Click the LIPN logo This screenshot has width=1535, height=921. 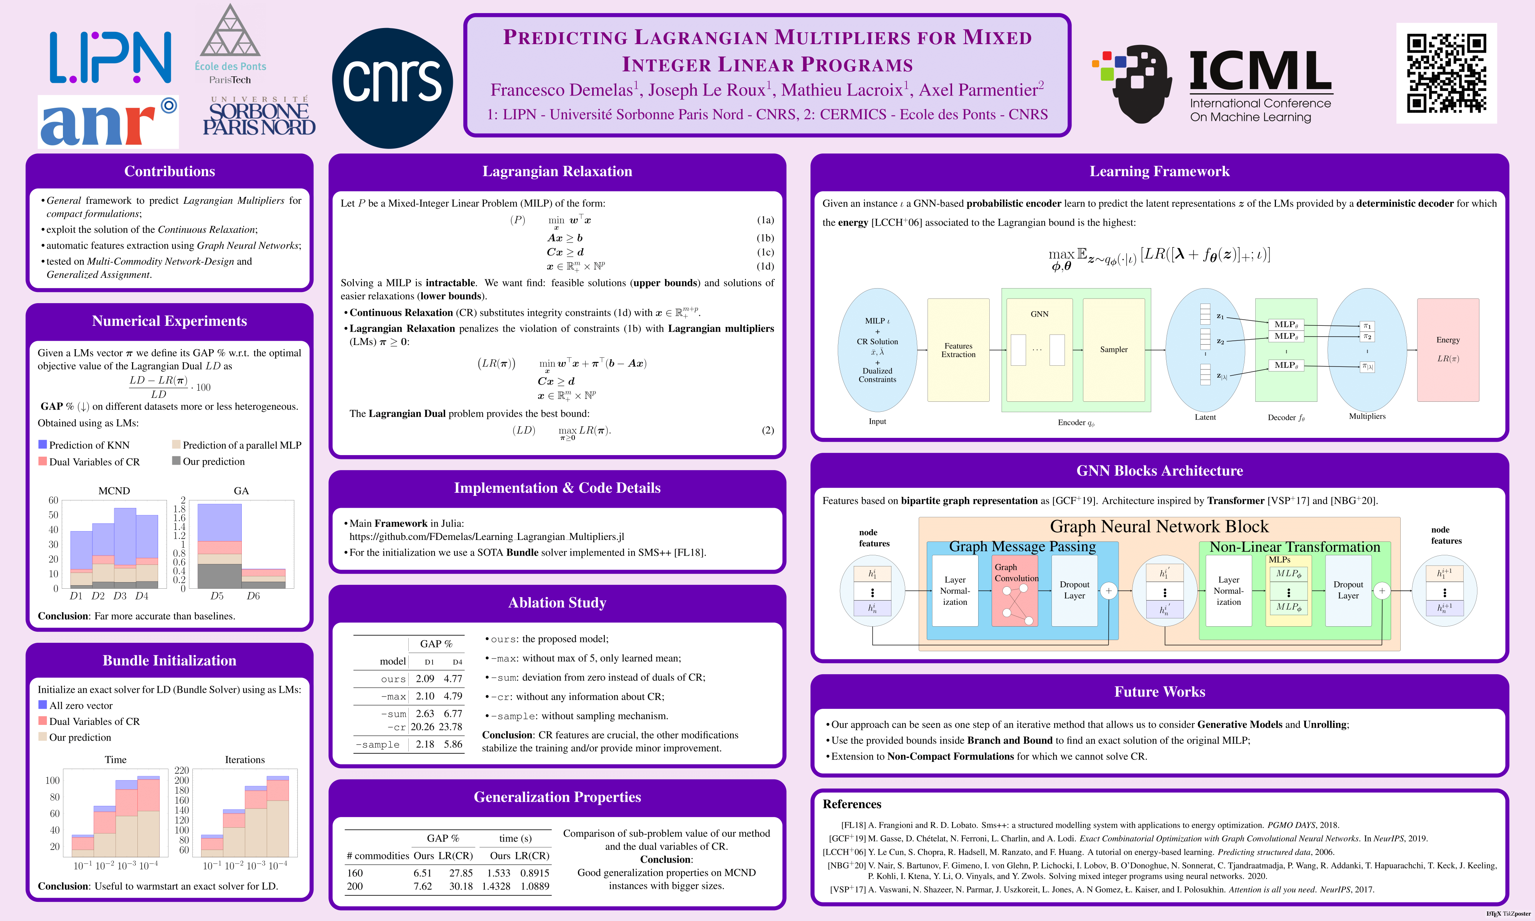[111, 58]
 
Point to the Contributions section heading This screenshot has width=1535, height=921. [169, 171]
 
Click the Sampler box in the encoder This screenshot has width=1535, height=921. [1113, 350]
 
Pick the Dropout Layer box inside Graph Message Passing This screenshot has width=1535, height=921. [1074, 590]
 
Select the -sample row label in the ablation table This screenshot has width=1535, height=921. [378, 745]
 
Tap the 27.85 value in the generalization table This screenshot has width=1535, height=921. [461, 873]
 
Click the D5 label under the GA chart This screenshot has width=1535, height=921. [217, 596]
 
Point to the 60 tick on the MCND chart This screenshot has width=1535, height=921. [53, 500]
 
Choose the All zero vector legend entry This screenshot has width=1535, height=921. [81, 706]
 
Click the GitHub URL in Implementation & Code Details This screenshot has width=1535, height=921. [487, 537]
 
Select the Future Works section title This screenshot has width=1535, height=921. [1159, 692]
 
